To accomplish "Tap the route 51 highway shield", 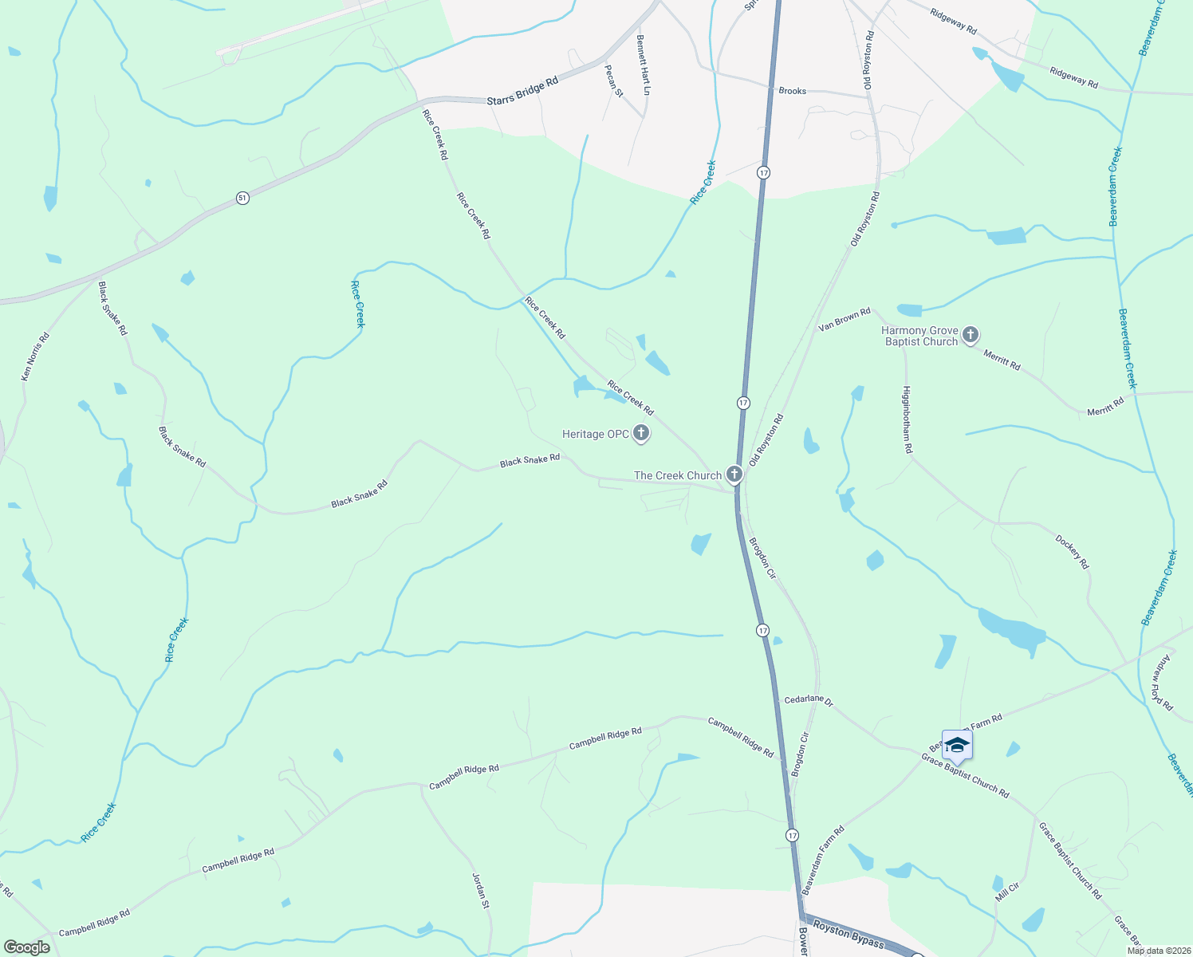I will point(242,197).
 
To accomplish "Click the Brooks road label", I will point(792,91).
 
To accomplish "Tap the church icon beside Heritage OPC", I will point(641,434).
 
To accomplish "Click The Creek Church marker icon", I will point(734,475).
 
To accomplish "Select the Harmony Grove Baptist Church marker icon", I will point(970,335).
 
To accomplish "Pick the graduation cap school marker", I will point(956,746).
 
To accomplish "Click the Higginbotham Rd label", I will point(907,420).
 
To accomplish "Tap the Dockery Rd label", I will point(1072,552).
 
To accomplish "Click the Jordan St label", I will point(481,890).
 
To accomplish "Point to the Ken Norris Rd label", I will point(35,356).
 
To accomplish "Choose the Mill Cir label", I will point(1007,892).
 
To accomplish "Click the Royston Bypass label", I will point(848,936).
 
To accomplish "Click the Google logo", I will point(26,947).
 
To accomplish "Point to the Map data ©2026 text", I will point(1157,951).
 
